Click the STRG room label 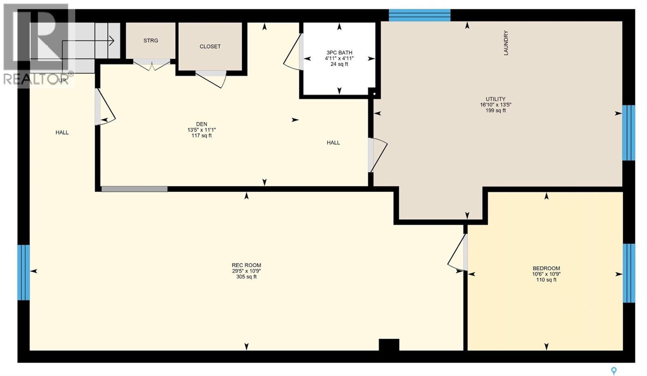tap(151, 41)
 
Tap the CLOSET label tap(210, 46)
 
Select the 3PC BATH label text tap(339, 53)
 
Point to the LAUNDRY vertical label tap(506, 43)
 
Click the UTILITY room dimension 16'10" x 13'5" tap(496, 105)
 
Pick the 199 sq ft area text tap(496, 110)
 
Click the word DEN tap(202, 124)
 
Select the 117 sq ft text tap(202, 135)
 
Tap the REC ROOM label tap(246, 265)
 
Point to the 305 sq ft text tap(246, 277)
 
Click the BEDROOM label tap(546, 268)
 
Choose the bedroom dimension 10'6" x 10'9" tap(546, 274)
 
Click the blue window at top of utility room tap(420, 15)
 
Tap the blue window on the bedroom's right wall tap(629, 273)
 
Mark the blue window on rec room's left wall tap(23, 272)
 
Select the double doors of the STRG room tap(152, 65)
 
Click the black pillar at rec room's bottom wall tap(389, 345)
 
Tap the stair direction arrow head tap(112, 41)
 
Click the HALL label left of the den tap(62, 132)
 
